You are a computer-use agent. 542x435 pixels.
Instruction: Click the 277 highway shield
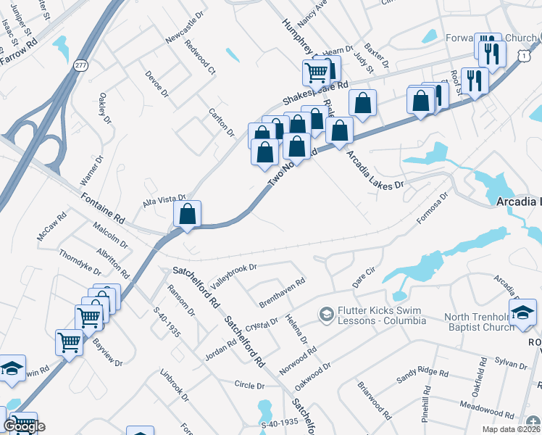tap(81, 65)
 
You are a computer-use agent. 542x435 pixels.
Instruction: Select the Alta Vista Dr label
tap(164, 199)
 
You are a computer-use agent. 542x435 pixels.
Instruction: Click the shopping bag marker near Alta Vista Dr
tap(188, 214)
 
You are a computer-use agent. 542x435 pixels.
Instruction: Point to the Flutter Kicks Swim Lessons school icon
tap(326, 314)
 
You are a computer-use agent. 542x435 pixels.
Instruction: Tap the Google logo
tap(23, 426)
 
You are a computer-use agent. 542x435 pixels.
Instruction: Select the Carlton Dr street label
tap(222, 123)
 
